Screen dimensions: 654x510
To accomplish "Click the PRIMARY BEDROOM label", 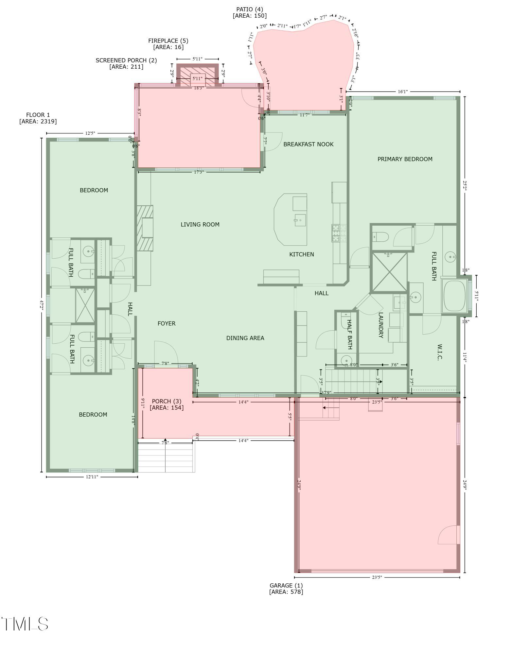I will coord(405,159).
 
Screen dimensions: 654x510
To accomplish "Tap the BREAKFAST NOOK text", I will coord(308,144).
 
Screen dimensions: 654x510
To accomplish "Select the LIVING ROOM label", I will coord(200,224).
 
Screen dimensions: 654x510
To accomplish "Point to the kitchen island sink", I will coord(300,220).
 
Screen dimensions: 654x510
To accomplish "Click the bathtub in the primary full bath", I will coord(454,296).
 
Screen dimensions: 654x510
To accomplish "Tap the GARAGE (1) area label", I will coord(286,586).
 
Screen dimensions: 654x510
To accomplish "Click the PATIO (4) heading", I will coord(250,9).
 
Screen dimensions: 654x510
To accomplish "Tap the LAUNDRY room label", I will coord(380,325).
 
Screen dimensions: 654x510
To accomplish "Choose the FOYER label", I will coord(167,323).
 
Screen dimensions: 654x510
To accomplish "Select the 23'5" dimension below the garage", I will coord(377,577).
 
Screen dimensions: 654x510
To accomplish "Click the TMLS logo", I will coord(25,624).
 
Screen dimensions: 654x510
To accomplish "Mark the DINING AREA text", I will coord(245,338).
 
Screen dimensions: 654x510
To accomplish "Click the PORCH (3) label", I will coord(166,401).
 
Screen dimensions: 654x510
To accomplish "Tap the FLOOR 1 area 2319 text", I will coord(38,121).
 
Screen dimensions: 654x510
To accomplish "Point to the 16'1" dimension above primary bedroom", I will coord(403,92).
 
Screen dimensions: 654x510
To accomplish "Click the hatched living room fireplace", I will coord(145,228).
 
